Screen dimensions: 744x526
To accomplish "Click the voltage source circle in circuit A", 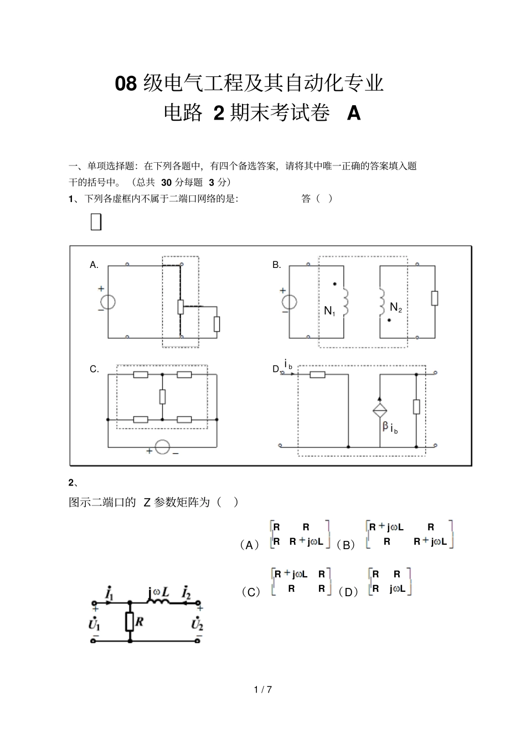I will coord(107,301).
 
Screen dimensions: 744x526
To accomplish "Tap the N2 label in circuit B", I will coord(395,307).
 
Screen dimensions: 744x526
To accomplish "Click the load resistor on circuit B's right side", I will coord(435,298).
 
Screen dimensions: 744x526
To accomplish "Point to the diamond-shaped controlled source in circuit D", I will coord(380,410).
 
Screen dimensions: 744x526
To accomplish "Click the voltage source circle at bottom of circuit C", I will coord(162,447).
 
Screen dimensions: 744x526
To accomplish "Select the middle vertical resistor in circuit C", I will coord(162,396).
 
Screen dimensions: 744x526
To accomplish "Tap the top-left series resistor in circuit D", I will coord(317,375).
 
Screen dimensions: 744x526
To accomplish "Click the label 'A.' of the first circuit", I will coord(94,265).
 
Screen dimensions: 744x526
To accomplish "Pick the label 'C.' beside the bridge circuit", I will coord(94,369).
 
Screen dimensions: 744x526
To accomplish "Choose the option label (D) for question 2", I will coord(348,592).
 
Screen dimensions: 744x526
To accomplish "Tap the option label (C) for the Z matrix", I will coord(251,592).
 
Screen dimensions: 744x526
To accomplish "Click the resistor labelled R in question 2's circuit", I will coord(130,622).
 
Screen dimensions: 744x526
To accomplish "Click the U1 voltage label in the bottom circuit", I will coord(94,624).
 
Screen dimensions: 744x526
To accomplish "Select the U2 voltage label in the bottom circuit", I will coord(197,624).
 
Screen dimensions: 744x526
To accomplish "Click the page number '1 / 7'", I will coord(263,690).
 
